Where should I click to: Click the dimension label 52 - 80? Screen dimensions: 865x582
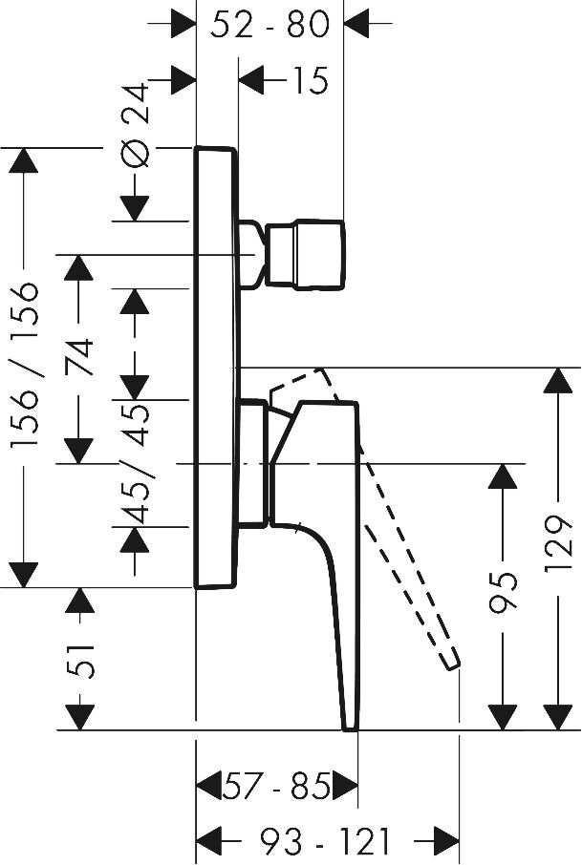click(x=269, y=25)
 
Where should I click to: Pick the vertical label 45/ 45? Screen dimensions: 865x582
click(x=137, y=464)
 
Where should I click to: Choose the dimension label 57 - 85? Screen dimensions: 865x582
click(x=276, y=789)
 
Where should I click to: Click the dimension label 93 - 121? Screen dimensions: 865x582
click(x=325, y=841)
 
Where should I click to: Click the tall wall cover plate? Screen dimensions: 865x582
click(x=216, y=368)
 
